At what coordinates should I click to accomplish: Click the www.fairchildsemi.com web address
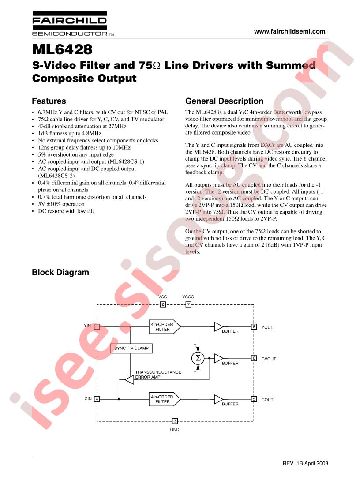(289, 31)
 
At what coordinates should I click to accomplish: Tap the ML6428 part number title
(62, 49)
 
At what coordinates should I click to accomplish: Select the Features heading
(49, 101)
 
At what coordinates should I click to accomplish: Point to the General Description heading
(225, 101)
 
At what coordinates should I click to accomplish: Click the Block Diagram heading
(60, 272)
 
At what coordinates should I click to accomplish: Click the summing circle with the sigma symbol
(198, 358)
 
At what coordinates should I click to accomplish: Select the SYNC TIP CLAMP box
(131, 349)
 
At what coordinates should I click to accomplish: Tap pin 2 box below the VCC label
(163, 304)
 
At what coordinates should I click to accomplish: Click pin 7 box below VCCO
(188, 304)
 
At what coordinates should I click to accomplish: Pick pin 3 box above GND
(175, 421)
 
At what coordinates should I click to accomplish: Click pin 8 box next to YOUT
(254, 326)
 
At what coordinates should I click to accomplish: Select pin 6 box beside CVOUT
(254, 358)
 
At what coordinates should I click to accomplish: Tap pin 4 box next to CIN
(97, 399)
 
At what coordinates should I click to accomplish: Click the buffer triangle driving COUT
(218, 399)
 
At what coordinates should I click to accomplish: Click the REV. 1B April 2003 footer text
(305, 464)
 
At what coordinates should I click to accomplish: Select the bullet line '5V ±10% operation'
(61, 204)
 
